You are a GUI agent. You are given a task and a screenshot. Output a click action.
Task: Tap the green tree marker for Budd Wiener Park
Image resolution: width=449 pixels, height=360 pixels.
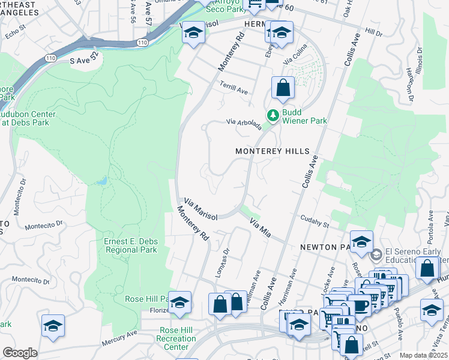[273, 113]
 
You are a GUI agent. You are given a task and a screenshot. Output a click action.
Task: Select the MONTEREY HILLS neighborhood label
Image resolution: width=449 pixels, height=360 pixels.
[272, 152]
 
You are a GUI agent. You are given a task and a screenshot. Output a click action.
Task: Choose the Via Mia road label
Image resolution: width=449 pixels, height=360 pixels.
[261, 228]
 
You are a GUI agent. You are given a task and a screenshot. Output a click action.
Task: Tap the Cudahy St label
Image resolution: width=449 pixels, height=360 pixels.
[315, 222]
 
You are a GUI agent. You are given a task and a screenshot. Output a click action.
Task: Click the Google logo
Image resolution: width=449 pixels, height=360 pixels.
[20, 353]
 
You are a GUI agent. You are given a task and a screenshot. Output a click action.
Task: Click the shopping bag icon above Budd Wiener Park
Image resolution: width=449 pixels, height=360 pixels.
[283, 88]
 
